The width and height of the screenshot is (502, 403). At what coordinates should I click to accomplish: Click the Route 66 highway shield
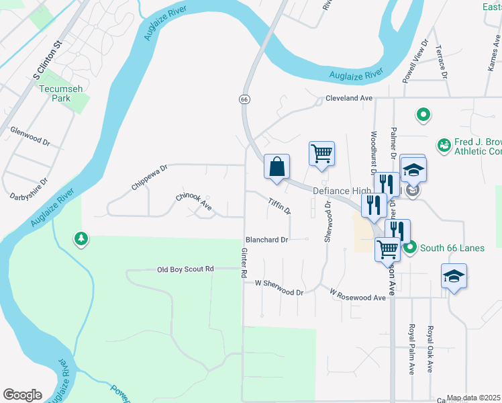pyautogui.click(x=244, y=99)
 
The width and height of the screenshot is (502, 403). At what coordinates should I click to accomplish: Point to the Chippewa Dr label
pyautogui.click(x=149, y=176)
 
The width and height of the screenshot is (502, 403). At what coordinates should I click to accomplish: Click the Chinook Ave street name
pyautogui.click(x=194, y=201)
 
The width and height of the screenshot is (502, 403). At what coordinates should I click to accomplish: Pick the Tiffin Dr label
pyautogui.click(x=279, y=206)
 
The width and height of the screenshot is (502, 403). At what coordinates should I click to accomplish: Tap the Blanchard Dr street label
pyautogui.click(x=266, y=239)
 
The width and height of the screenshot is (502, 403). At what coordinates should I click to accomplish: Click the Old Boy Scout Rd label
pyautogui.click(x=185, y=269)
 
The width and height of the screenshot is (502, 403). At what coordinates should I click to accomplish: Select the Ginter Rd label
pyautogui.click(x=244, y=263)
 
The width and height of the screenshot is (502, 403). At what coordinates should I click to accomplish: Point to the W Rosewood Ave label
pyautogui.click(x=358, y=294)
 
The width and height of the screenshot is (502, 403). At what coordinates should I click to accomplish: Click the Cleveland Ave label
pyautogui.click(x=349, y=98)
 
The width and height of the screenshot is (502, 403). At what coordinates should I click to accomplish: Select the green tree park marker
pyautogui.click(x=81, y=238)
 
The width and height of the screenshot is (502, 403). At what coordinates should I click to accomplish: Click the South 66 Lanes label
pyautogui.click(x=452, y=248)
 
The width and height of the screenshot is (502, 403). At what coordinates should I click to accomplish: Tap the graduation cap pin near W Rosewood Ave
pyautogui.click(x=454, y=276)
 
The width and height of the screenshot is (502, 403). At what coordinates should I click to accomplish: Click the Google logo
pyautogui.click(x=22, y=395)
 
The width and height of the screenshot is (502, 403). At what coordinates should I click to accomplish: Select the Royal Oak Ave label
pyautogui.click(x=430, y=350)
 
